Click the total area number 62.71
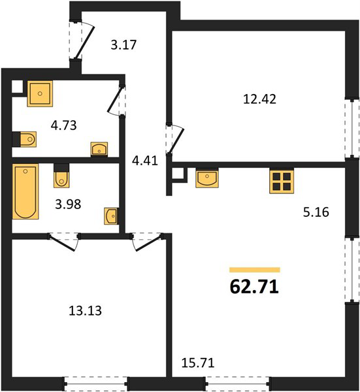click(254, 287)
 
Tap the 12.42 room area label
click(260, 99)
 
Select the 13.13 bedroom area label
click(85, 311)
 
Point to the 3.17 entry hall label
click(123, 45)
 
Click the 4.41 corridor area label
click(145, 161)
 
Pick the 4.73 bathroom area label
click(63, 125)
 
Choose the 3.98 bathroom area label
click(68, 204)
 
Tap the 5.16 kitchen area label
click(316, 212)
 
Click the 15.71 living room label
click(198, 363)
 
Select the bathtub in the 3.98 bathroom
click(25, 191)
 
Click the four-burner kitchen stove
click(282, 181)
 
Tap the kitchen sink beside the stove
click(207, 178)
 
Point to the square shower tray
click(40, 93)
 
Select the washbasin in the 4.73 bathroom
click(99, 150)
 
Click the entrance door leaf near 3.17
click(85, 42)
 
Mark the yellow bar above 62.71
click(255, 270)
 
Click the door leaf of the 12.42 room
click(176, 140)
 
